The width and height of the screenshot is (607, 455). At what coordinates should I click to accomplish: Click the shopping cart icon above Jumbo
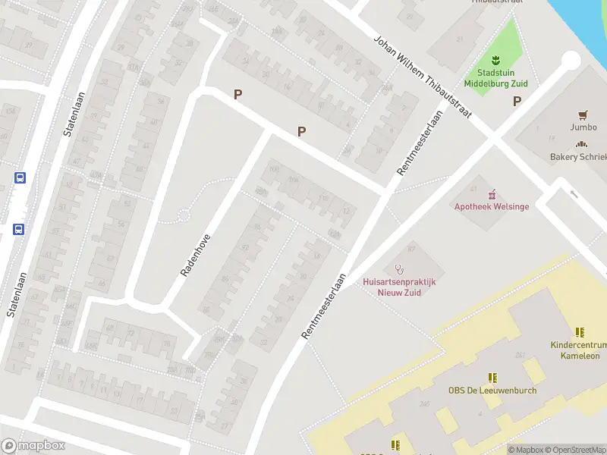583,115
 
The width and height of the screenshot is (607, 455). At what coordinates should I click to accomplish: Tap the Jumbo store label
584,127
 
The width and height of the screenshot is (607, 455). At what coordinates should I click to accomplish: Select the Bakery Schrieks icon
582,145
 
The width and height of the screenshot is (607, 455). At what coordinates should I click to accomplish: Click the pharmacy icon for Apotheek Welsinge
492,194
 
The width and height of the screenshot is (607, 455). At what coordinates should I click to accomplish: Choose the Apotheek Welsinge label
491,206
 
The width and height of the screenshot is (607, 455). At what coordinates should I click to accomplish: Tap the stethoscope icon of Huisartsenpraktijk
400,268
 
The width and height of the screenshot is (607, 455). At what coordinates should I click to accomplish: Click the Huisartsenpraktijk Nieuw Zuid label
400,287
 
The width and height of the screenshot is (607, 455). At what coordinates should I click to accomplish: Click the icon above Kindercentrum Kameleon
580,332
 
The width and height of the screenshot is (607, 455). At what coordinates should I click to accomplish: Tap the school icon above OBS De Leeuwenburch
492,377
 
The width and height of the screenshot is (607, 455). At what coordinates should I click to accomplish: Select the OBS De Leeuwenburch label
492,391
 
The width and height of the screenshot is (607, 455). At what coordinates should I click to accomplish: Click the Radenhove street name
195,255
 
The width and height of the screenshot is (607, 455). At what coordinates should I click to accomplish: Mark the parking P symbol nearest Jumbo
517,101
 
